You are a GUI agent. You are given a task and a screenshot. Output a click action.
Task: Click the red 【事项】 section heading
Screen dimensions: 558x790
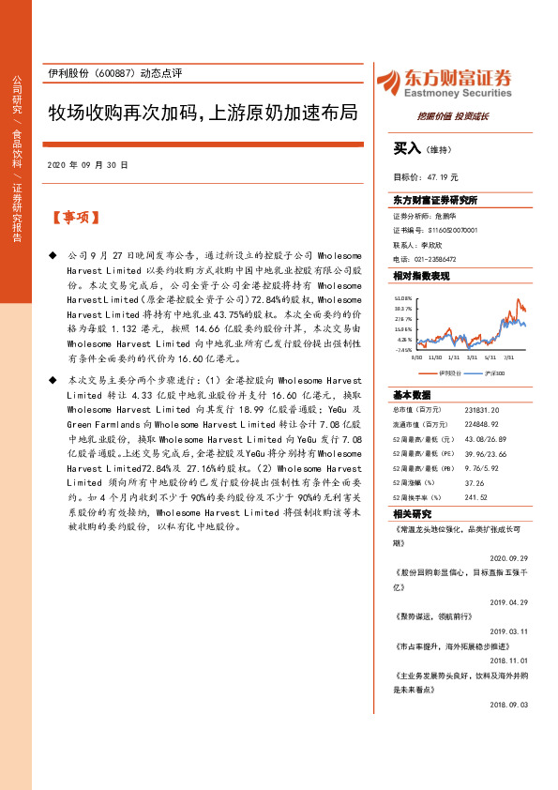coord(74,218)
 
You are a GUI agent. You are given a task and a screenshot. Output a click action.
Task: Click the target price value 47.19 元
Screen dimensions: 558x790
coord(443,176)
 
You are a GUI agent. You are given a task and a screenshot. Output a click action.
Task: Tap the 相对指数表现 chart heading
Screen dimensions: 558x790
coord(421,276)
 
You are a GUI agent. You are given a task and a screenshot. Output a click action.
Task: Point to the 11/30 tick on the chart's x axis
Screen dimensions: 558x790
coord(434,357)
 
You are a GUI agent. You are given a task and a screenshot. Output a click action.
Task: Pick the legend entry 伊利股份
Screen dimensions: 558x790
coord(451,373)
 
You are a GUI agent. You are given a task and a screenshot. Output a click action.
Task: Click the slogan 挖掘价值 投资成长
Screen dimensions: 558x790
coord(453,116)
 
